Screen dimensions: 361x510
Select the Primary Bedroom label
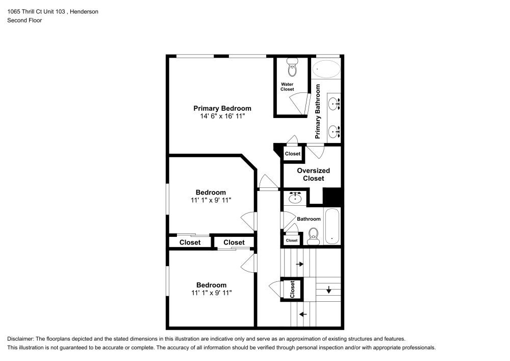(222, 108)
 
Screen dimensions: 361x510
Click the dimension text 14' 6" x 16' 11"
(222, 116)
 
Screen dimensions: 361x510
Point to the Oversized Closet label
(313, 175)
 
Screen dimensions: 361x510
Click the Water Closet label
(287, 87)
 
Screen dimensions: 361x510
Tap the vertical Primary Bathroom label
(318, 111)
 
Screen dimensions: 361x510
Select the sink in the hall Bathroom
(294, 197)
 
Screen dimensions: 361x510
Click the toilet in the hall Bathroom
(313, 235)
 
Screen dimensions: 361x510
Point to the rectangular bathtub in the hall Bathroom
(332, 226)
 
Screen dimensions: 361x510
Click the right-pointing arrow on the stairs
(299, 264)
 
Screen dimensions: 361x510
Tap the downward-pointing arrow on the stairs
(329, 291)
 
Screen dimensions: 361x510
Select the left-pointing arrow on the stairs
(303, 314)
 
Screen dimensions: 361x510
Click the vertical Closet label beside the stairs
(293, 289)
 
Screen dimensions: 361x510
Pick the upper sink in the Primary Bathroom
(334, 104)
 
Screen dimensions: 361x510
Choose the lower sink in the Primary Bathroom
(334, 132)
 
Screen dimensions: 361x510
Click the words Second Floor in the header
(24, 20)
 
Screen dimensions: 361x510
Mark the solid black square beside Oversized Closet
(332, 197)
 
